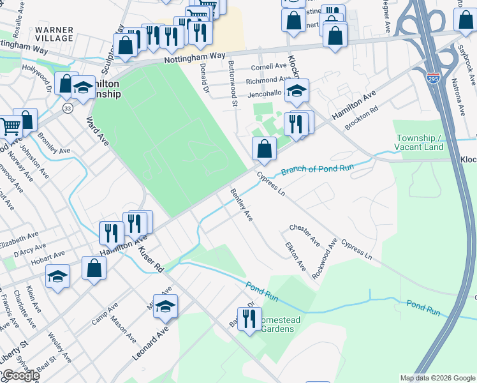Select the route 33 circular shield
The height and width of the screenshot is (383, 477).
[x=68, y=109]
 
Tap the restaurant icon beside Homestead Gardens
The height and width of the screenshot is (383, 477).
[x=249, y=319]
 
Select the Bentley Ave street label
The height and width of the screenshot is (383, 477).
[x=242, y=205]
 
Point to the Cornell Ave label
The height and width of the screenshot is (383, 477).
[x=268, y=66]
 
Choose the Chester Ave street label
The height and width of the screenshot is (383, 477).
[x=304, y=234]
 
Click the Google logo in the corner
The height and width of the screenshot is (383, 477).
[x=20, y=375]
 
